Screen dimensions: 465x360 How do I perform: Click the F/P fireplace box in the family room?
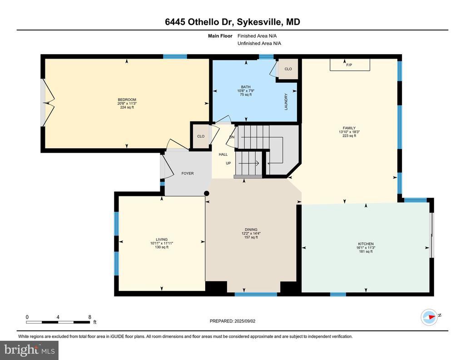point(350,65)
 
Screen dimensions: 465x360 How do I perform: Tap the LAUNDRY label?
point(286,102)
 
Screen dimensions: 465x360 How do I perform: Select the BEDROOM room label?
point(127,100)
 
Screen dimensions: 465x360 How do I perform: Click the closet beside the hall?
point(201,136)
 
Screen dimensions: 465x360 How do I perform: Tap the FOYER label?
point(188,173)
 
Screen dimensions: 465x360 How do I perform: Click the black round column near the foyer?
point(207,194)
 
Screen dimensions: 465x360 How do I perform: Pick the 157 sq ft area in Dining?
point(251,237)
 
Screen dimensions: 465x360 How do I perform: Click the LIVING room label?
point(162,240)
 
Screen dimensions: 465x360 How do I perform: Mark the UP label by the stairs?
point(228,163)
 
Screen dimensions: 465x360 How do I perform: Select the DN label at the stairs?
point(232,137)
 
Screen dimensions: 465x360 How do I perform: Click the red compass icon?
point(430,317)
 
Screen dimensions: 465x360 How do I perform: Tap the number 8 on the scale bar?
point(89,317)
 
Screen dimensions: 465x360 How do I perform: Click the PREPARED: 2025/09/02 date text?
point(232,321)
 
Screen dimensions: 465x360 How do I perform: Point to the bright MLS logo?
point(30,350)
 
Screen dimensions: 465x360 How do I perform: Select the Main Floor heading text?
point(220,36)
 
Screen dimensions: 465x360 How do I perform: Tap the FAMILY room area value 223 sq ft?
point(349,135)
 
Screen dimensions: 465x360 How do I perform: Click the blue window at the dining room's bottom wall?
point(256,295)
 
